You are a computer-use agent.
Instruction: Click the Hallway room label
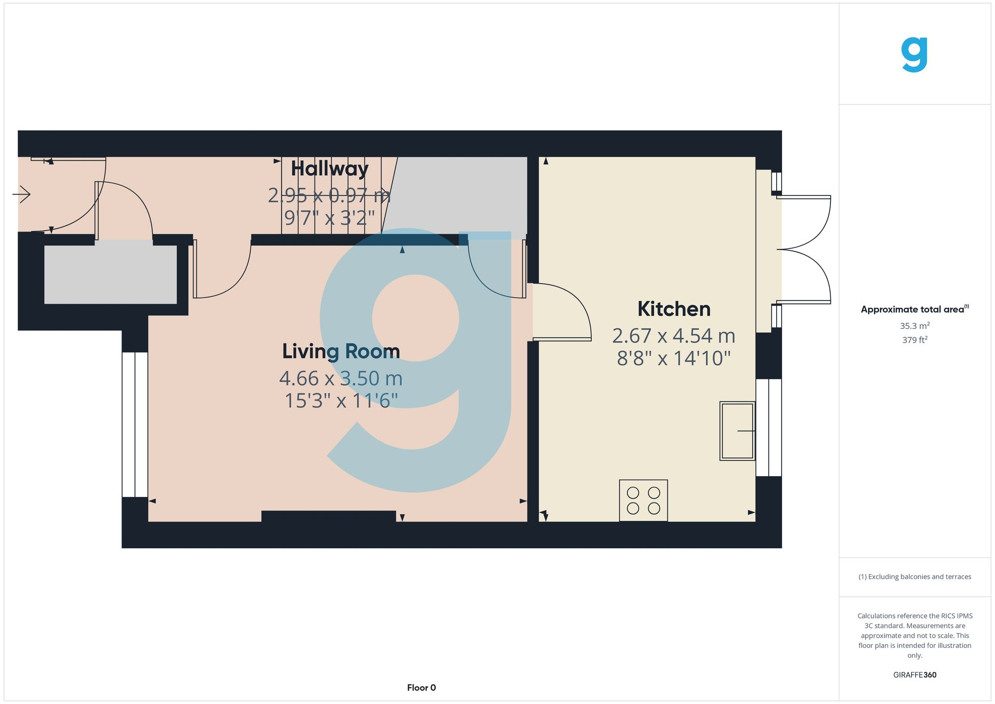(x=329, y=169)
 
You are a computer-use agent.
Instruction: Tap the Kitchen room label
(x=674, y=309)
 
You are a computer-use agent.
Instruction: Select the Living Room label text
(x=341, y=351)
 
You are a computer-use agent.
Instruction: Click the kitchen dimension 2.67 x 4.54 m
(x=674, y=336)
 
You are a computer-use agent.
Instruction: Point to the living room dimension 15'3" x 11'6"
(x=341, y=401)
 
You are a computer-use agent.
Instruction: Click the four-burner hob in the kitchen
(x=643, y=501)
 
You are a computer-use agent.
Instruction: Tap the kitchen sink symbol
(x=737, y=431)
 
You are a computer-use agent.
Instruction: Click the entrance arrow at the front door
(x=22, y=194)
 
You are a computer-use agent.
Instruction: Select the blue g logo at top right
(x=914, y=54)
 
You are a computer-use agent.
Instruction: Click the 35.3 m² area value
(x=914, y=326)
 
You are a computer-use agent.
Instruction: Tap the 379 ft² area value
(x=914, y=340)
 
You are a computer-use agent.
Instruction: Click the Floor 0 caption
(x=421, y=688)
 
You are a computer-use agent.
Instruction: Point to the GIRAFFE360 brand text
(x=914, y=675)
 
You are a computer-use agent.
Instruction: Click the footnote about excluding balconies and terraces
(x=914, y=577)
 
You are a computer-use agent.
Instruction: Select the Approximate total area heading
(x=914, y=309)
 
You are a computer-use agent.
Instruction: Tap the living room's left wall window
(x=135, y=424)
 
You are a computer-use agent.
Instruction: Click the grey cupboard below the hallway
(x=110, y=274)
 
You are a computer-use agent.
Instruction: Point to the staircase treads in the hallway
(x=331, y=196)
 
